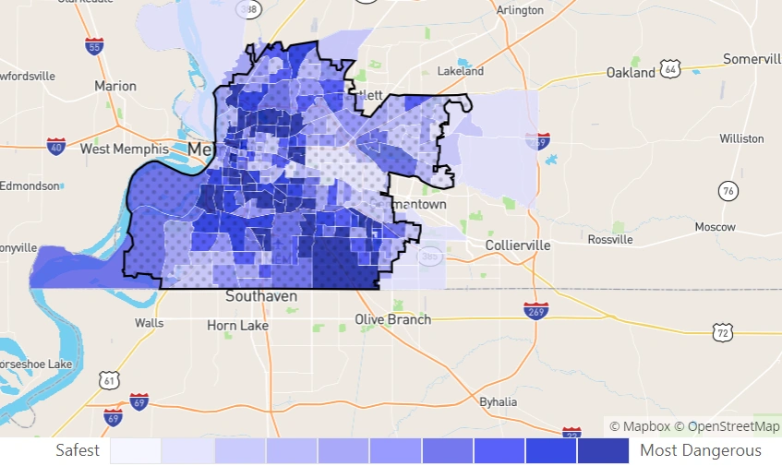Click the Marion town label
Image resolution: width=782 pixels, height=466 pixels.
click(115, 86)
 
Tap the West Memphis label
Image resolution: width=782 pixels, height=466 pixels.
click(125, 149)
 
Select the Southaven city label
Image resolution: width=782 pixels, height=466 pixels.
click(261, 296)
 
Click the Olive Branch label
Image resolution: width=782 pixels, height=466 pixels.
click(393, 319)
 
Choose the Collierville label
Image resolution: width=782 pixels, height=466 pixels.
click(518, 245)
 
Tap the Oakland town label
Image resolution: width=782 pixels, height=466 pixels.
click(631, 72)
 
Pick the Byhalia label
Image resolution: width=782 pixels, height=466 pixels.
click(499, 401)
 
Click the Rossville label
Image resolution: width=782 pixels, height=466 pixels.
click(610, 239)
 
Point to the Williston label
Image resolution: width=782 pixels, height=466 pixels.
click(741, 138)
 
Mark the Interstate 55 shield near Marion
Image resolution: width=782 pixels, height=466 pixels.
click(93, 45)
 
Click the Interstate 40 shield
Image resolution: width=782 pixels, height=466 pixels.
click(56, 146)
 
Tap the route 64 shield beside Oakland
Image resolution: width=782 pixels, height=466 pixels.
click(671, 69)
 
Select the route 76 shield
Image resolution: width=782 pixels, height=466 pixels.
click(729, 191)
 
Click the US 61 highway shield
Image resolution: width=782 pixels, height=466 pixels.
click(110, 378)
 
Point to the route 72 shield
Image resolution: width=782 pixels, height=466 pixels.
click(722, 331)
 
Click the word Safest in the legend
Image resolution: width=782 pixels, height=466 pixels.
click(78, 450)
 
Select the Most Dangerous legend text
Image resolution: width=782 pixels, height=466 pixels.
click(701, 450)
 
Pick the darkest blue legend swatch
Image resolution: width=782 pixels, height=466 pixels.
click(603, 450)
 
